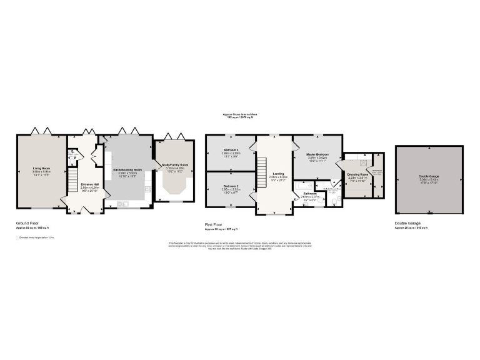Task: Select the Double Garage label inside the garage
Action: (429, 177)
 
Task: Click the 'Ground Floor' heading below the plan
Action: (29, 222)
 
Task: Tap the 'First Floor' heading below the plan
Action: (216, 222)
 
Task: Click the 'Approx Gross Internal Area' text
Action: (240, 114)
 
